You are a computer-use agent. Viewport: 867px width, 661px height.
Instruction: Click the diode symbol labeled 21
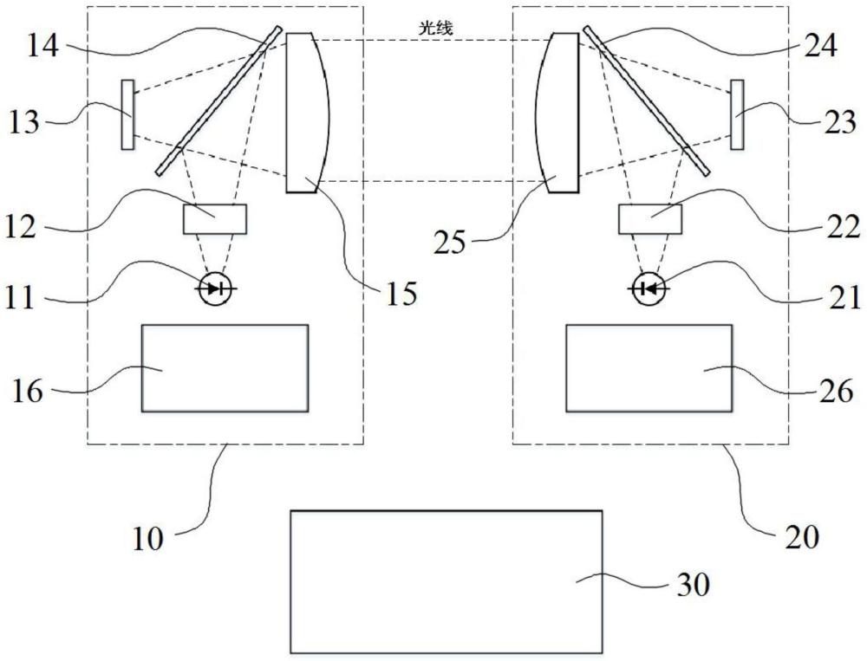tap(649, 288)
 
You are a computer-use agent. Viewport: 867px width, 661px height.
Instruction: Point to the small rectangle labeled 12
tap(215, 219)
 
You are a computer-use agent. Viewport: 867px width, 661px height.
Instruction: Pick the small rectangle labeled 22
tap(649, 219)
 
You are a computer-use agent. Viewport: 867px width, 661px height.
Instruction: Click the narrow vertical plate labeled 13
tap(127, 114)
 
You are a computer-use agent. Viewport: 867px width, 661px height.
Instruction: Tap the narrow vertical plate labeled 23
tap(737, 114)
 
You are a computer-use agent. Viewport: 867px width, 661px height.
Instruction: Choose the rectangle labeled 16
tap(225, 368)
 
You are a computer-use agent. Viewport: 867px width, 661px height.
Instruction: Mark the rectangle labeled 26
tap(649, 368)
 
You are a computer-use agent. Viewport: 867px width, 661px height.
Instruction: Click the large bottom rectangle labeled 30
tap(447, 582)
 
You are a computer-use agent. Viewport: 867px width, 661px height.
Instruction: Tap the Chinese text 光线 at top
tap(436, 29)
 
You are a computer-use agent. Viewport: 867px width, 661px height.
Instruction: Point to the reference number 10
tap(148, 538)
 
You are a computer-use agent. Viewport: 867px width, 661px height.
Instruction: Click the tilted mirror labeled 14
tap(218, 100)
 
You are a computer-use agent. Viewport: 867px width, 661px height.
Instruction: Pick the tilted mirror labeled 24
tap(647, 100)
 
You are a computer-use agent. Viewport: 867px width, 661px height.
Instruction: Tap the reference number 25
tap(449, 243)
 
